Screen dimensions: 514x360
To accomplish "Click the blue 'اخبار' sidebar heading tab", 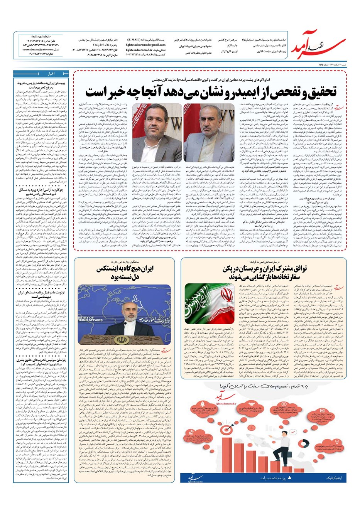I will pos(52,73).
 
